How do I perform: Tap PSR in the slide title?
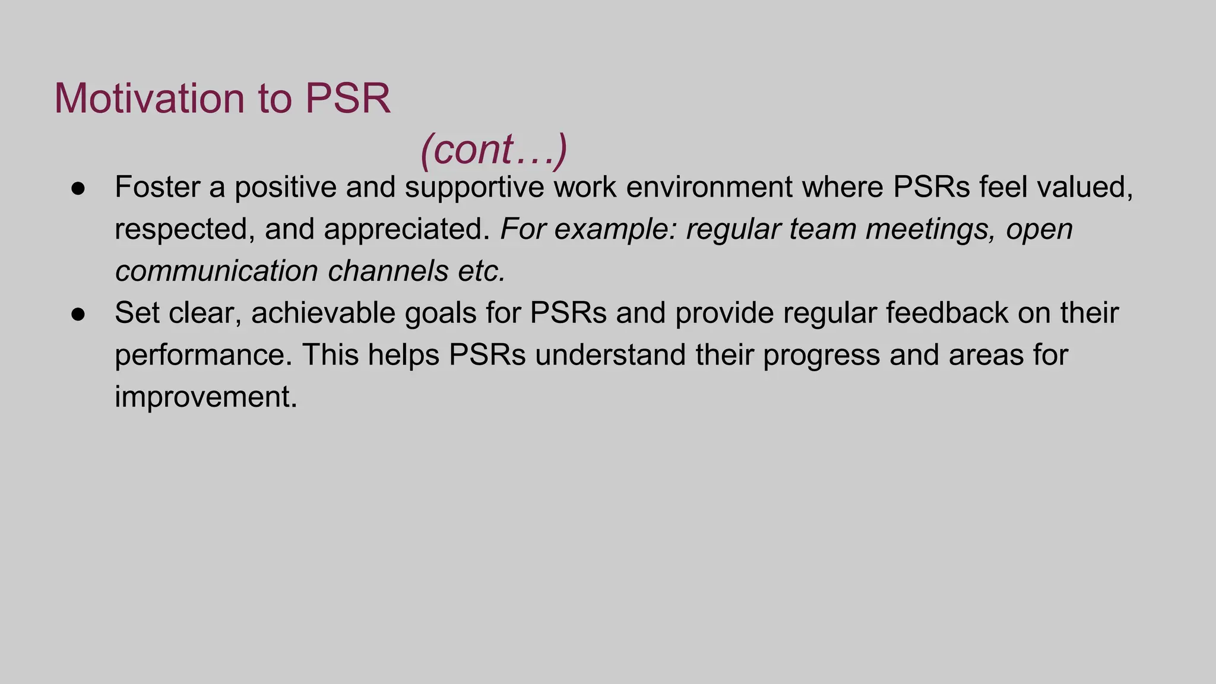coord(347,98)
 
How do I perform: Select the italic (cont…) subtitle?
coord(493,149)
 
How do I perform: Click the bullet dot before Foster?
coord(78,188)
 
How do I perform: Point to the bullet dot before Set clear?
coord(78,314)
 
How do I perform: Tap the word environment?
coord(709,187)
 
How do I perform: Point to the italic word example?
coord(615,230)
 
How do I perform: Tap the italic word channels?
coord(388,271)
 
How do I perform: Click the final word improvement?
coord(205,397)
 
